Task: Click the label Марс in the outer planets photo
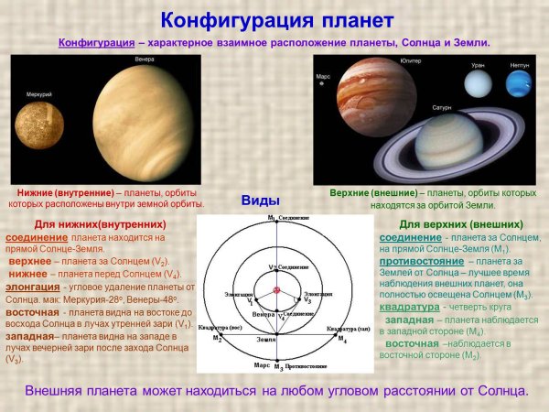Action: pos(323,77)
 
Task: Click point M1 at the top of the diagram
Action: pos(272,219)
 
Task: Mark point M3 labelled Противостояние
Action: pos(272,365)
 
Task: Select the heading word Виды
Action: pos(260,201)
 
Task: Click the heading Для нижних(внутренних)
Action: pos(100,224)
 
